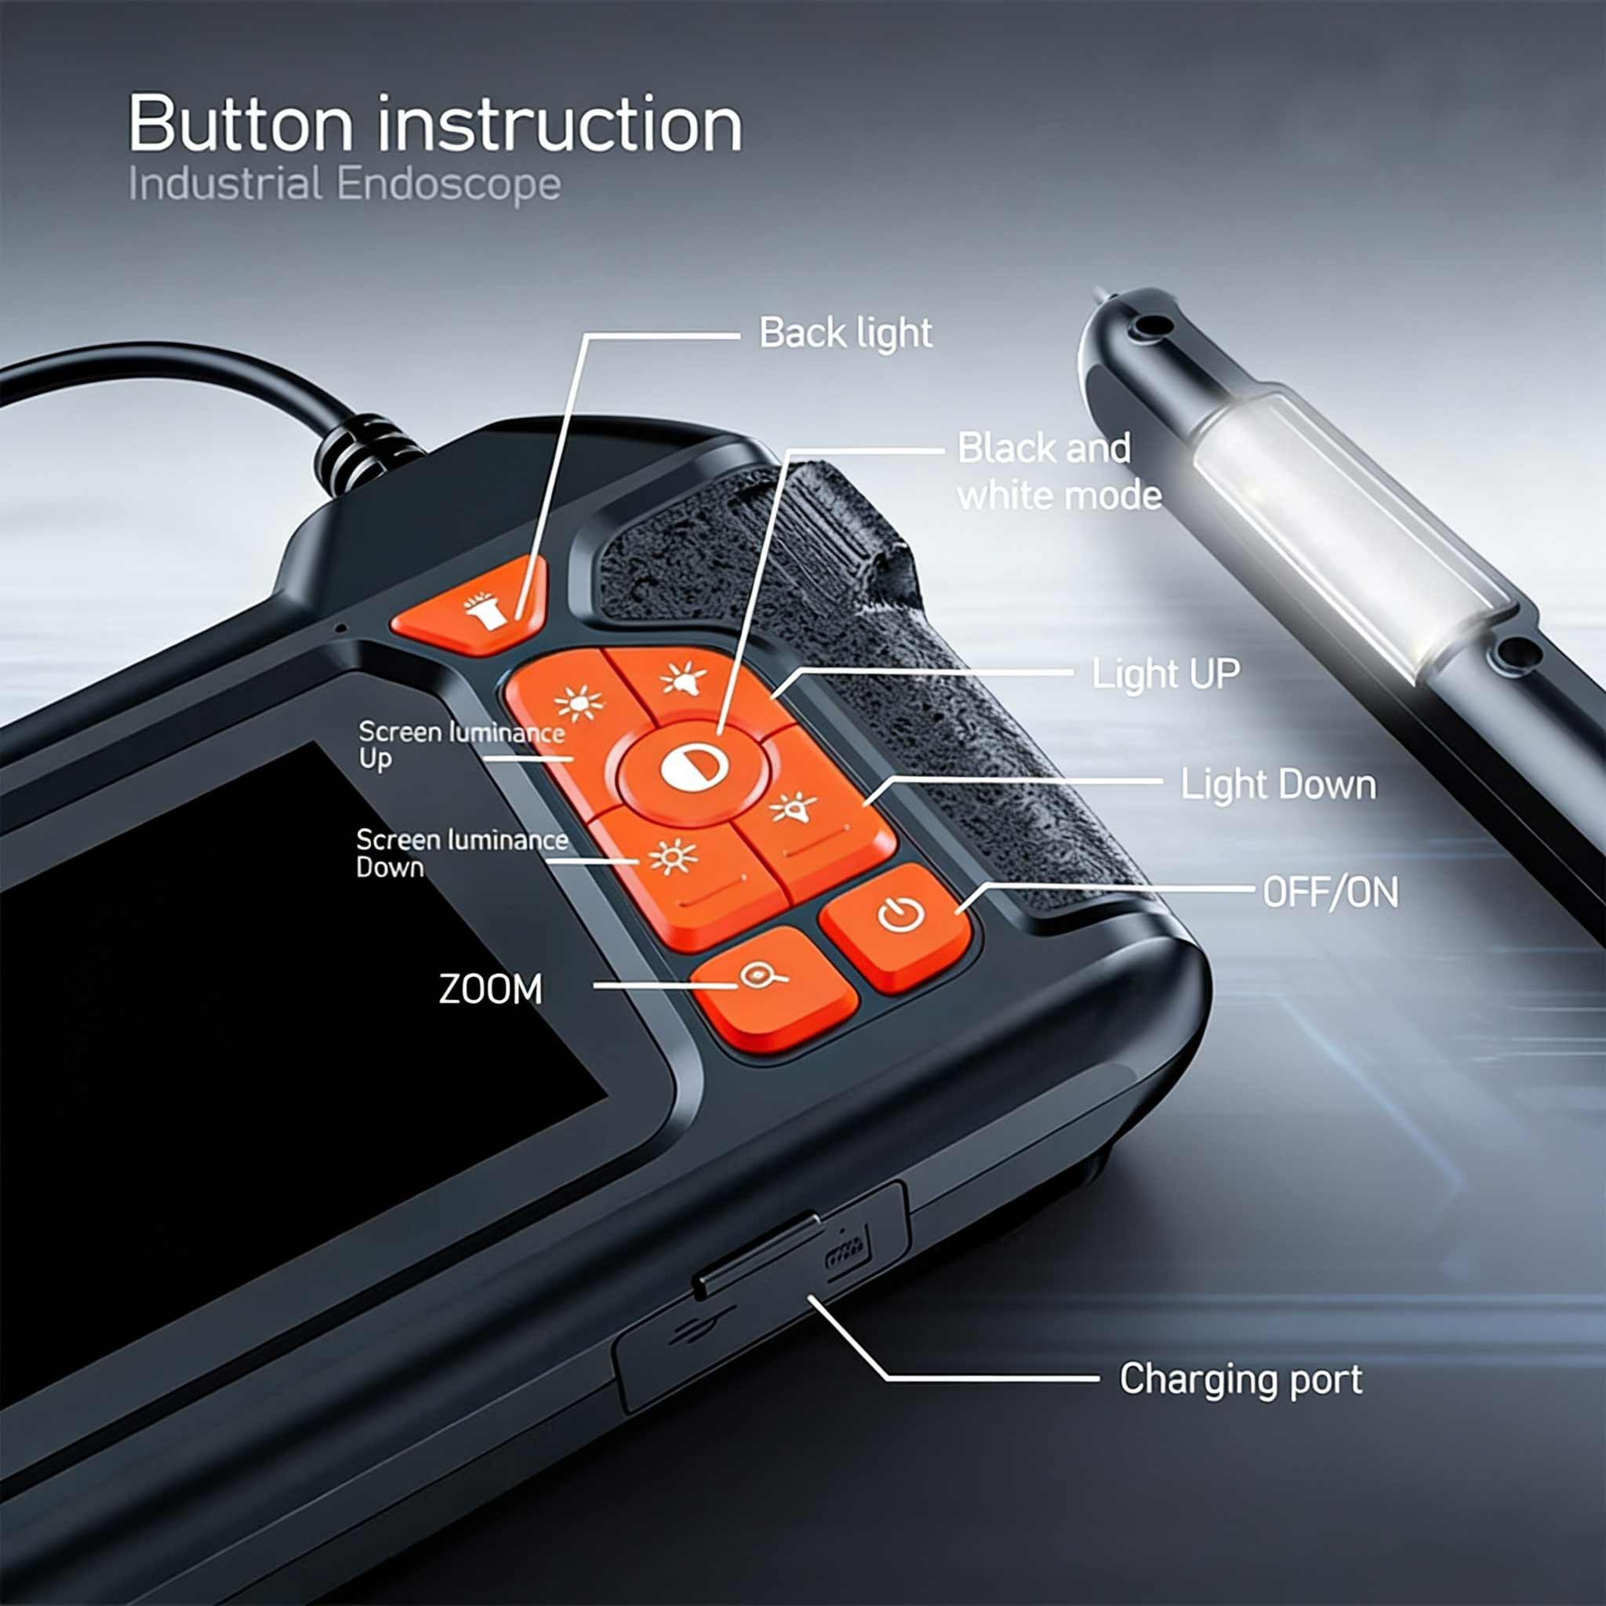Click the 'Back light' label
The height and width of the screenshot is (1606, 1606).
845,333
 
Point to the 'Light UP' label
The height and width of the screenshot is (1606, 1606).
1165,674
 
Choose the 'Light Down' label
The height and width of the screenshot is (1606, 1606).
1277,785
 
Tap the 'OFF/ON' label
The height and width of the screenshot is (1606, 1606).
1330,892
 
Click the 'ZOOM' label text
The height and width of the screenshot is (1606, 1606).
490,989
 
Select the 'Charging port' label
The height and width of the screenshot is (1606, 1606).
1241,1379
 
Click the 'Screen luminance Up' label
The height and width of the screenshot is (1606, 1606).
460,745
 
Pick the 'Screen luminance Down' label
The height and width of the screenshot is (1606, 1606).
460,853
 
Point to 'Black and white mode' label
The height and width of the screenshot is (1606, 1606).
1058,472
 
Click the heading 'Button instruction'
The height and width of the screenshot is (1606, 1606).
434,125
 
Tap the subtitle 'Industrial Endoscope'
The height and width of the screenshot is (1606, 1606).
344,184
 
